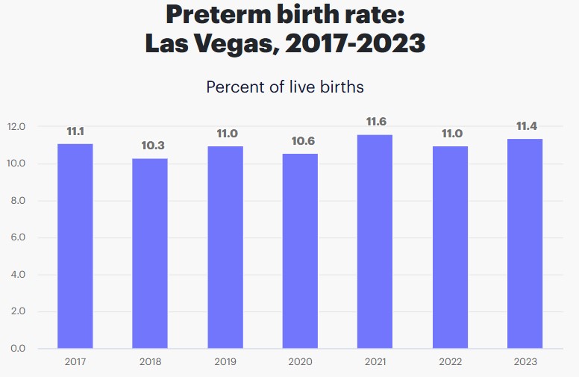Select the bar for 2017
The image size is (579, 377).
[x=75, y=246]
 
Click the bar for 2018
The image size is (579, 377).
[x=150, y=253]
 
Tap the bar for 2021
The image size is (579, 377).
[x=375, y=241]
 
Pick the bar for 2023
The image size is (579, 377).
[x=525, y=243]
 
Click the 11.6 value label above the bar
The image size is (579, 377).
[x=375, y=122]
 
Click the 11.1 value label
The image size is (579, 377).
[x=75, y=131]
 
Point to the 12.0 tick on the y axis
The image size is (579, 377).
[x=17, y=127]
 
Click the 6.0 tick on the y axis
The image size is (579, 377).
[x=17, y=237]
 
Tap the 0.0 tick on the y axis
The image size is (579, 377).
[x=17, y=349]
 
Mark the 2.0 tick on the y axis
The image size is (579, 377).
[x=17, y=311]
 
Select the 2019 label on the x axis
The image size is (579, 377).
[x=225, y=362]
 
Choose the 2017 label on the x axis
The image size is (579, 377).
[x=75, y=362]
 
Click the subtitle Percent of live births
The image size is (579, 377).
[x=285, y=87]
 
